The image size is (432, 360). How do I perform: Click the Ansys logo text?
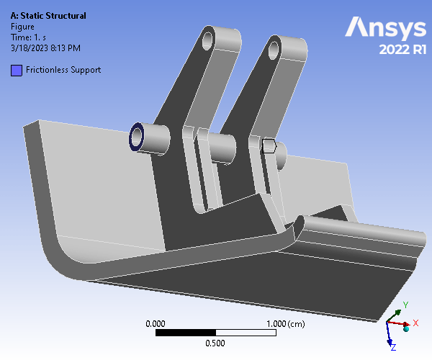[x=385, y=27]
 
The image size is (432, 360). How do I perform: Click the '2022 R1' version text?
[x=402, y=50]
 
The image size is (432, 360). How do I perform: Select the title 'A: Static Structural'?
[x=48, y=16]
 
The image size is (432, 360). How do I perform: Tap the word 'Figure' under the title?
[x=22, y=27]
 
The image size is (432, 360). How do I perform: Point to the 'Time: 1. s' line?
[x=28, y=37]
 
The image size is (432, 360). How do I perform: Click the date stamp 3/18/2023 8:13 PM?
[x=46, y=48]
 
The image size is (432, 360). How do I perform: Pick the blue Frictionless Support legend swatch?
[x=17, y=71]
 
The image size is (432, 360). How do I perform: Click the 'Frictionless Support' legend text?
[x=63, y=70]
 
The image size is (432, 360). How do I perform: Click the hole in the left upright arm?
[x=207, y=41]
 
